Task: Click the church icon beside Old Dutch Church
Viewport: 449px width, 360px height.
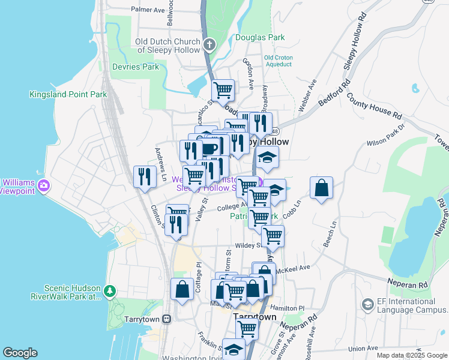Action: pos(209,44)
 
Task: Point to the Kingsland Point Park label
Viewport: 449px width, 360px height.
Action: pos(68,94)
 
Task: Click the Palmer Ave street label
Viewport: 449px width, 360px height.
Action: pos(148,10)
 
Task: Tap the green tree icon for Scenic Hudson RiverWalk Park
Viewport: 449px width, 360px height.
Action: pos(109,292)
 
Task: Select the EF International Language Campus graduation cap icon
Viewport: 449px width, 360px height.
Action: pos(367,305)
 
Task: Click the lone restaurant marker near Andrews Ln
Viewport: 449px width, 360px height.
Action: pos(145,176)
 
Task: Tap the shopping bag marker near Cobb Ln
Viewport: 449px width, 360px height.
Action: pos(322,187)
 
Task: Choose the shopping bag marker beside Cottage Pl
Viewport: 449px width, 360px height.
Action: pos(182,289)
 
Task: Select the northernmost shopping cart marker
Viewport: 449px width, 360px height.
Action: pos(223,90)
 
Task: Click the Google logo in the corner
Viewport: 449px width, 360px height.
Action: pos(20,353)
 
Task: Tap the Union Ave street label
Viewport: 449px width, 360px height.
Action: pos(363,349)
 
